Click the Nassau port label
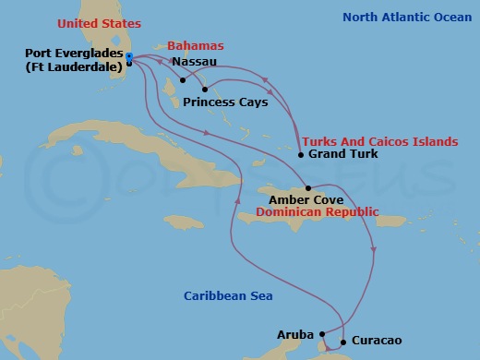[x=195, y=62]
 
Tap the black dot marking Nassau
[x=183, y=79]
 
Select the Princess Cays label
[x=225, y=102]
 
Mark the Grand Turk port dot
[x=301, y=155]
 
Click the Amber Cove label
[x=306, y=198]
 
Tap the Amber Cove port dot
[x=307, y=188]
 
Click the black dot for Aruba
[x=321, y=333]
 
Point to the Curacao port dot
[x=343, y=342]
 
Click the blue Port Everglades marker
[x=129, y=58]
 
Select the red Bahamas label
[x=196, y=46]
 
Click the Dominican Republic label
[x=318, y=211]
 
